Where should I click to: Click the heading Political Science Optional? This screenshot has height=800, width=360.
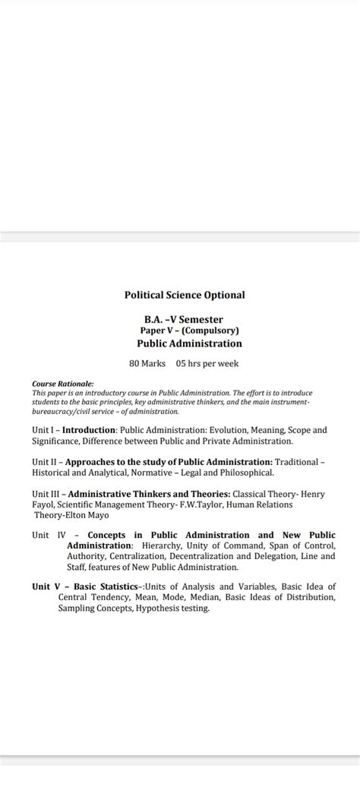point(185,295)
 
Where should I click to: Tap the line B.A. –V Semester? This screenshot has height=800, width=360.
point(184,320)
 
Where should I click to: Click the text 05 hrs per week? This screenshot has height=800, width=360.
point(207,363)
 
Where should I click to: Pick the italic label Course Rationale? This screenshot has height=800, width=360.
point(63,384)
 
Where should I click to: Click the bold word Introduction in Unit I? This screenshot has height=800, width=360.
point(88,430)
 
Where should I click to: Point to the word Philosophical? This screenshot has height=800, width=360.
point(241,473)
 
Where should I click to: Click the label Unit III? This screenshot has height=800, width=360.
point(46,494)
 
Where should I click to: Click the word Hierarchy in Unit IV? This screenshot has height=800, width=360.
point(162,546)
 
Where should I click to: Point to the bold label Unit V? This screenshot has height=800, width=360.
point(48,587)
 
